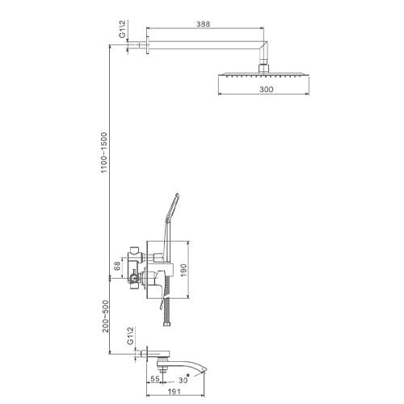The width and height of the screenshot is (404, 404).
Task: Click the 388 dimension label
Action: [x=203, y=24]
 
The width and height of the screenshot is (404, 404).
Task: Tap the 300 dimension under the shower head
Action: [x=267, y=89]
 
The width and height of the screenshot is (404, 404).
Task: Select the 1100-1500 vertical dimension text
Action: [x=104, y=153]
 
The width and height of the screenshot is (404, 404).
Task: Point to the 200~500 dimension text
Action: [x=106, y=316]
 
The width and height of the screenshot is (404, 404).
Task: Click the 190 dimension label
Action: [x=183, y=271]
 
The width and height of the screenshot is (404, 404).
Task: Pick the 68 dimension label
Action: [x=117, y=266]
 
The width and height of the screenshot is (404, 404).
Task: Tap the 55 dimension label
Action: [x=155, y=379]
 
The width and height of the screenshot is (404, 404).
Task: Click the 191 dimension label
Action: [x=175, y=391]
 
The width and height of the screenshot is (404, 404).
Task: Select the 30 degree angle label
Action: [x=183, y=380]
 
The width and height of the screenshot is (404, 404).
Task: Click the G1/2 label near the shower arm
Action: [x=122, y=29]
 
